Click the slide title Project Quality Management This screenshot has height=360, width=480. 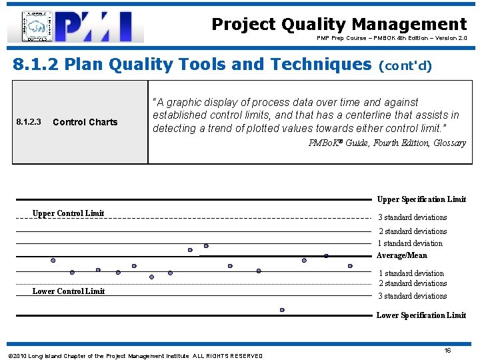339,24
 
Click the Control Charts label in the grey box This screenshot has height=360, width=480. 85,122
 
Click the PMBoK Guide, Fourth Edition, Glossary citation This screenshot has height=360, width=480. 387,143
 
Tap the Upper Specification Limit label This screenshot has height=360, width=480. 421,199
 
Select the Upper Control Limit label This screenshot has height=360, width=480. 68,213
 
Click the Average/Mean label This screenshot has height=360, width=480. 401,255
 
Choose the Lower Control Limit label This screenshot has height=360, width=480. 68,291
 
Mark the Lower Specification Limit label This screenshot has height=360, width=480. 421,315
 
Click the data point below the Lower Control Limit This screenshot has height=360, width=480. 282,310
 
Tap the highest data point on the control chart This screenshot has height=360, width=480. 205,245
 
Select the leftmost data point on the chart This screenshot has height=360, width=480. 53,260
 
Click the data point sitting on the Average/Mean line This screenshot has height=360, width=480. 326,256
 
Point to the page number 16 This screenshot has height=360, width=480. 448,350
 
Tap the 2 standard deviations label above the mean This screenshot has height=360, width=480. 413,231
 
